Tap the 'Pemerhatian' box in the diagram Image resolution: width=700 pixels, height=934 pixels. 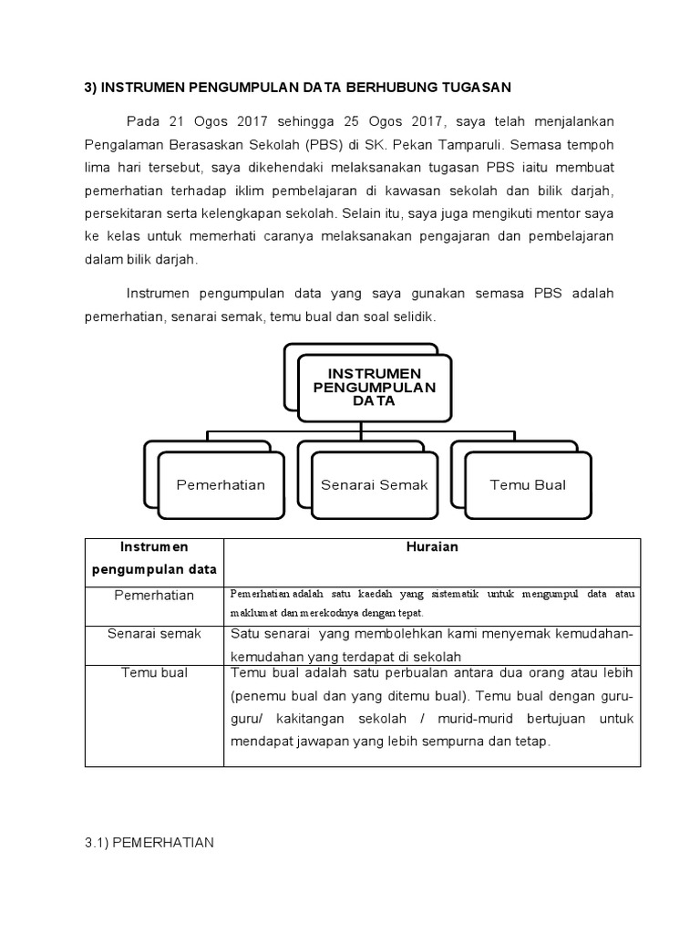[x=221, y=484]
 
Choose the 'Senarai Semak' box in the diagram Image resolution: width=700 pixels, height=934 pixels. [x=374, y=484]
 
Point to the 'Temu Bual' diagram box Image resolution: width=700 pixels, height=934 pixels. [x=528, y=484]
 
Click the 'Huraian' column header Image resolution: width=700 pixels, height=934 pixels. [x=432, y=546]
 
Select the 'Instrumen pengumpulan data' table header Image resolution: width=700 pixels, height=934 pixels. [x=154, y=558]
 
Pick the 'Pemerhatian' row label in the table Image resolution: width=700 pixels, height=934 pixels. [x=154, y=595]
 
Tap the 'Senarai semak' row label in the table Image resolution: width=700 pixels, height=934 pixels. [x=154, y=632]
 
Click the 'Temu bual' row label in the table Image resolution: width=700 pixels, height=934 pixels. [x=154, y=672]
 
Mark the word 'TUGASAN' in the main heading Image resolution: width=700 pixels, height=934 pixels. [x=477, y=87]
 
